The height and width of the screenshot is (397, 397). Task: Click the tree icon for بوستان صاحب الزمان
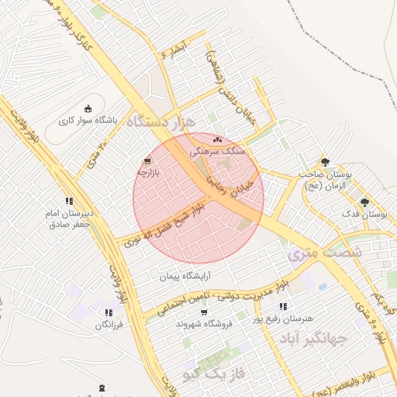pos(325,161)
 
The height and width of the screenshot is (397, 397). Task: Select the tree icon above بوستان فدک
pos(364,202)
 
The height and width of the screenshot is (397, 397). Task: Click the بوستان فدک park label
pos(368,213)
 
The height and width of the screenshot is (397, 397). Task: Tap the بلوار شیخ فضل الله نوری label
pos(161,225)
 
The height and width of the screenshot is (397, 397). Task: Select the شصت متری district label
pos(313,253)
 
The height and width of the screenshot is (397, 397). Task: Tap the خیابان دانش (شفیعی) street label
pos(226,84)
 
